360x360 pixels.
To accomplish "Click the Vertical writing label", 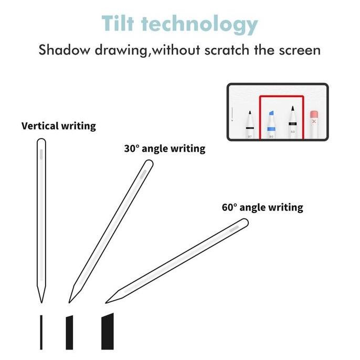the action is point(58,126).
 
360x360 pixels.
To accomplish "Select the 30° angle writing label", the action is point(164,149).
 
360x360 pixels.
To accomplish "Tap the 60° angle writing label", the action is point(262,207).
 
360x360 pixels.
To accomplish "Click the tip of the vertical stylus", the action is point(41,301).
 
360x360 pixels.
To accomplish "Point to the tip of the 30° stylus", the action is point(70,301).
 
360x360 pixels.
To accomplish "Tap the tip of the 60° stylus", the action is point(107,302).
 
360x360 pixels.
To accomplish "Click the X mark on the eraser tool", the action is point(314,121).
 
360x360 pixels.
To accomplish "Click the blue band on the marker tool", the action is point(271,129).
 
